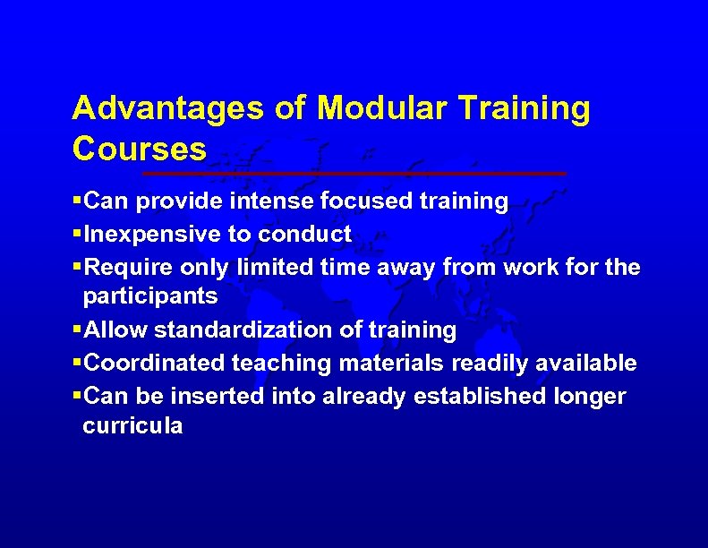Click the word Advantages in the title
(x=168, y=108)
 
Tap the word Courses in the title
(x=139, y=147)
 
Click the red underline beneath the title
(x=354, y=172)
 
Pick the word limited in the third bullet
(x=270, y=267)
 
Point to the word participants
(x=149, y=296)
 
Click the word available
(x=591, y=363)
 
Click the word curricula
(x=132, y=425)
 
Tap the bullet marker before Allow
(x=76, y=330)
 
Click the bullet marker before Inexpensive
(x=76, y=235)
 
